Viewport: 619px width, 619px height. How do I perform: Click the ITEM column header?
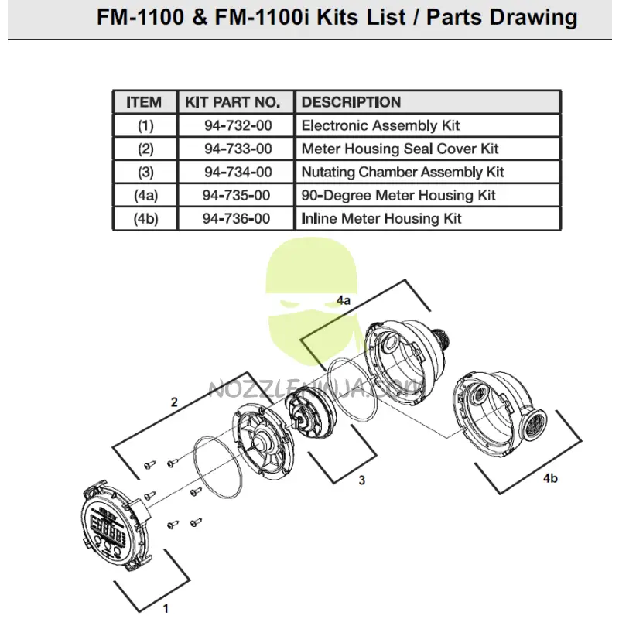(x=144, y=102)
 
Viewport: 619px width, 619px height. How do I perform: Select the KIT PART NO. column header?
(x=230, y=102)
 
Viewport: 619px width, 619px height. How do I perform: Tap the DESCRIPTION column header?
(x=351, y=102)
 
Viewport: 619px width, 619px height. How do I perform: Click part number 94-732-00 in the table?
(x=238, y=125)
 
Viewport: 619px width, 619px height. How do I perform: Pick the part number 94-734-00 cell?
(x=238, y=172)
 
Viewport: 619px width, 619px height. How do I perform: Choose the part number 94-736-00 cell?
(x=237, y=218)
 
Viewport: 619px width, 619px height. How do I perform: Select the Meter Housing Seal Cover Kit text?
(x=399, y=149)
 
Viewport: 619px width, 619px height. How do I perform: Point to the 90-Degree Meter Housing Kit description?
(x=398, y=195)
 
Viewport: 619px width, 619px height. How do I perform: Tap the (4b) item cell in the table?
(x=145, y=218)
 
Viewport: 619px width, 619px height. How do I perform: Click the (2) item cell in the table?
(x=145, y=149)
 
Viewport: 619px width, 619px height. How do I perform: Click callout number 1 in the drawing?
(x=166, y=608)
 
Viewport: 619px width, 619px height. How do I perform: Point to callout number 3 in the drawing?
(x=361, y=480)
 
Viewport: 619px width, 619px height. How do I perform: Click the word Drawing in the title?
(x=534, y=17)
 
